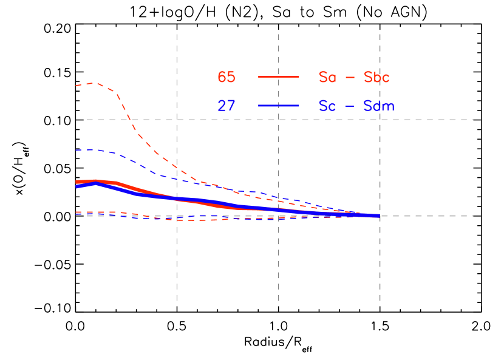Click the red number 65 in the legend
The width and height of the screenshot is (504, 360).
226,77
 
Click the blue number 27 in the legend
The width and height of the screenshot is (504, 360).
226,106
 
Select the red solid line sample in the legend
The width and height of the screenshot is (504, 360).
279,77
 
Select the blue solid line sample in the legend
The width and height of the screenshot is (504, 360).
279,106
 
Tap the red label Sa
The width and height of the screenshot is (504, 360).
327,77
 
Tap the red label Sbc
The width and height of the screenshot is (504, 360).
376,77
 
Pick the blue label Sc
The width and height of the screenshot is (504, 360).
327,106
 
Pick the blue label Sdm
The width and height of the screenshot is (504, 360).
379,106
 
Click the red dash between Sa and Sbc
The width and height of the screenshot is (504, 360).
350,78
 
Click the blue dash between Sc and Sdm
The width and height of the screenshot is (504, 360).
350,106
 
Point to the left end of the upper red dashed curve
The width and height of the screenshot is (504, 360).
77,86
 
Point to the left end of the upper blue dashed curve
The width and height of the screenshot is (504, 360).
77,150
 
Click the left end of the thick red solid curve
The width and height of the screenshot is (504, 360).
77,182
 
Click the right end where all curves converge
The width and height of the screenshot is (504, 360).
378,216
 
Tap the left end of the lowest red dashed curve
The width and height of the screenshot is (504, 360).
77,212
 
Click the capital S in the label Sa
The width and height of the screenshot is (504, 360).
323,77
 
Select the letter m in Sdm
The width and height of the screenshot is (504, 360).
389,107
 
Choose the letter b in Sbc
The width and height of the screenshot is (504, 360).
376,77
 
